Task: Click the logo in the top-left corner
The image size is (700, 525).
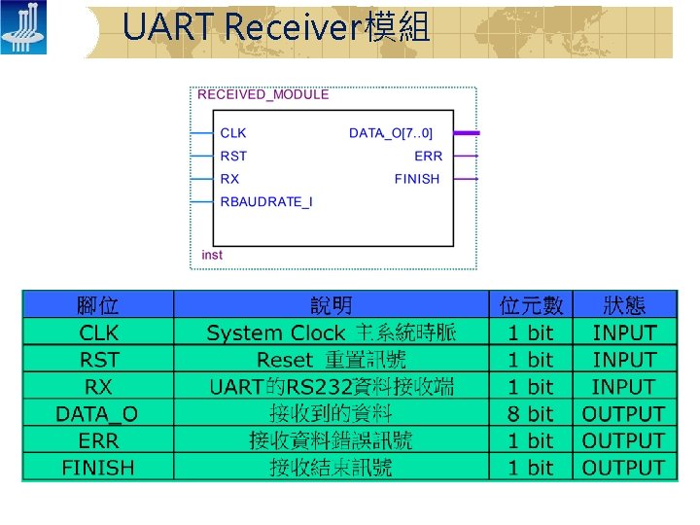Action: tap(23, 29)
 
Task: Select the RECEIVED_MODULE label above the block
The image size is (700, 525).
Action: tap(263, 94)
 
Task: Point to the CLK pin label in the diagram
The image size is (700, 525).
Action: tap(233, 132)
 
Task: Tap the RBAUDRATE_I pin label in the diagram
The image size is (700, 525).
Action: tap(266, 202)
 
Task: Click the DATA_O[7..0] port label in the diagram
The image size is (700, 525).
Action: tap(391, 132)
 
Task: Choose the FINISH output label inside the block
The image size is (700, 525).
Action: tap(417, 179)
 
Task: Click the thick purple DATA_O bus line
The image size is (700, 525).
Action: tap(466, 132)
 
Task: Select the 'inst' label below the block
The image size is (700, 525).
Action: tap(212, 255)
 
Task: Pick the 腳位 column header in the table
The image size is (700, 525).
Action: tap(97, 305)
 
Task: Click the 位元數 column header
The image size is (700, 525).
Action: tap(531, 305)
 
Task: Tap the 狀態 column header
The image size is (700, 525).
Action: tap(624, 305)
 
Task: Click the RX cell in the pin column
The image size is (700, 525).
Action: tap(97, 387)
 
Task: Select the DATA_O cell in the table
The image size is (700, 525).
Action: tap(97, 414)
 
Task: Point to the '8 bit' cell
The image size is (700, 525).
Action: tap(531, 414)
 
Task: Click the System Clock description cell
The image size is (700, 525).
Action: tap(331, 332)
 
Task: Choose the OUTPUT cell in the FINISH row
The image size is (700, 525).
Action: tap(624, 468)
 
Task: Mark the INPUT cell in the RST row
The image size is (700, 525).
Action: tap(624, 360)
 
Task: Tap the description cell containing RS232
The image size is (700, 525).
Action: tap(331, 387)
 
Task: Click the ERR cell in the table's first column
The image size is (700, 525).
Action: tap(97, 440)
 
